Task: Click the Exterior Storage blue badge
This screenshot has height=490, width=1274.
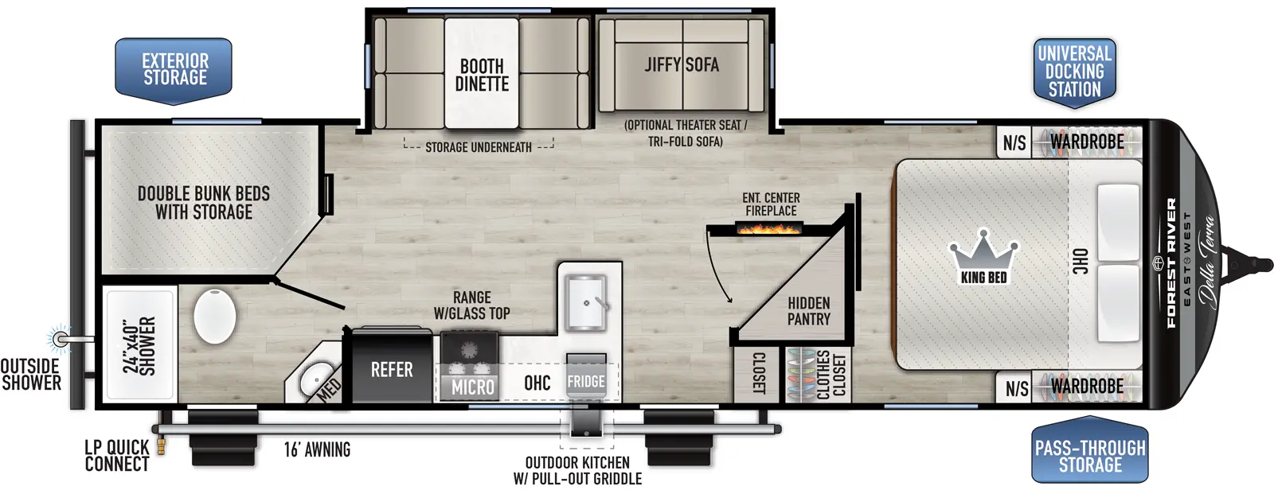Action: click(174, 70)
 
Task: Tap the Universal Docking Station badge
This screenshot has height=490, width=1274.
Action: click(1074, 72)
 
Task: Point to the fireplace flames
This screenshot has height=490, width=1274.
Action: click(769, 229)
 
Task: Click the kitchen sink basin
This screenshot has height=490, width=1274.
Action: click(585, 302)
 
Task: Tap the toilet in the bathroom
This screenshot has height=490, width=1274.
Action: click(215, 316)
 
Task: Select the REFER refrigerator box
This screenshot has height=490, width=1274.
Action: click(391, 370)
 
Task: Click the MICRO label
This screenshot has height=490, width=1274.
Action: click(473, 387)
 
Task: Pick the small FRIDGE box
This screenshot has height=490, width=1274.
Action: click(586, 382)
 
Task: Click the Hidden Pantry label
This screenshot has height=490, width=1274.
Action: click(808, 311)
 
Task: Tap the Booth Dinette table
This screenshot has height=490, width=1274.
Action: click(482, 74)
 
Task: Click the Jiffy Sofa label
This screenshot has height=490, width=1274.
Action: click(682, 64)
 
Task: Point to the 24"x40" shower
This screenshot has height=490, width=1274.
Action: click(140, 345)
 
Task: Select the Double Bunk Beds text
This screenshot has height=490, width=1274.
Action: click(204, 203)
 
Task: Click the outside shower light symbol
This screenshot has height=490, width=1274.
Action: click(59, 339)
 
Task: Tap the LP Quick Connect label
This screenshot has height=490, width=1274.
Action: click(116, 456)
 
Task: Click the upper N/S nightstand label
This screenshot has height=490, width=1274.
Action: click(1014, 143)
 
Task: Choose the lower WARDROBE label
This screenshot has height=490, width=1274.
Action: click(1087, 387)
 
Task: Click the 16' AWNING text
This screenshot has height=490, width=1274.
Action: click(317, 449)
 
